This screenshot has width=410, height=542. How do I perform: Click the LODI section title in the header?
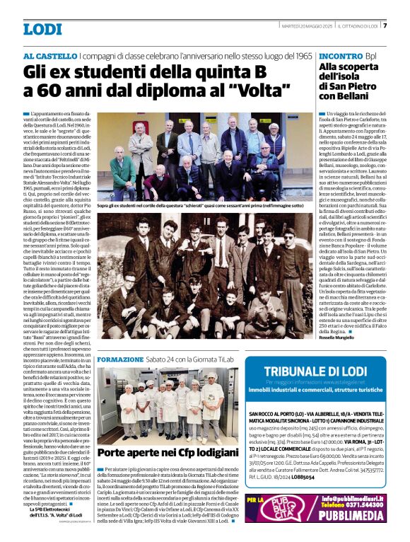pos(42,29)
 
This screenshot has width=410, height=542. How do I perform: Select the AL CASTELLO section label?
pos(49,55)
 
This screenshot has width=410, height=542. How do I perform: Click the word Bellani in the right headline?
pos(360,96)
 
